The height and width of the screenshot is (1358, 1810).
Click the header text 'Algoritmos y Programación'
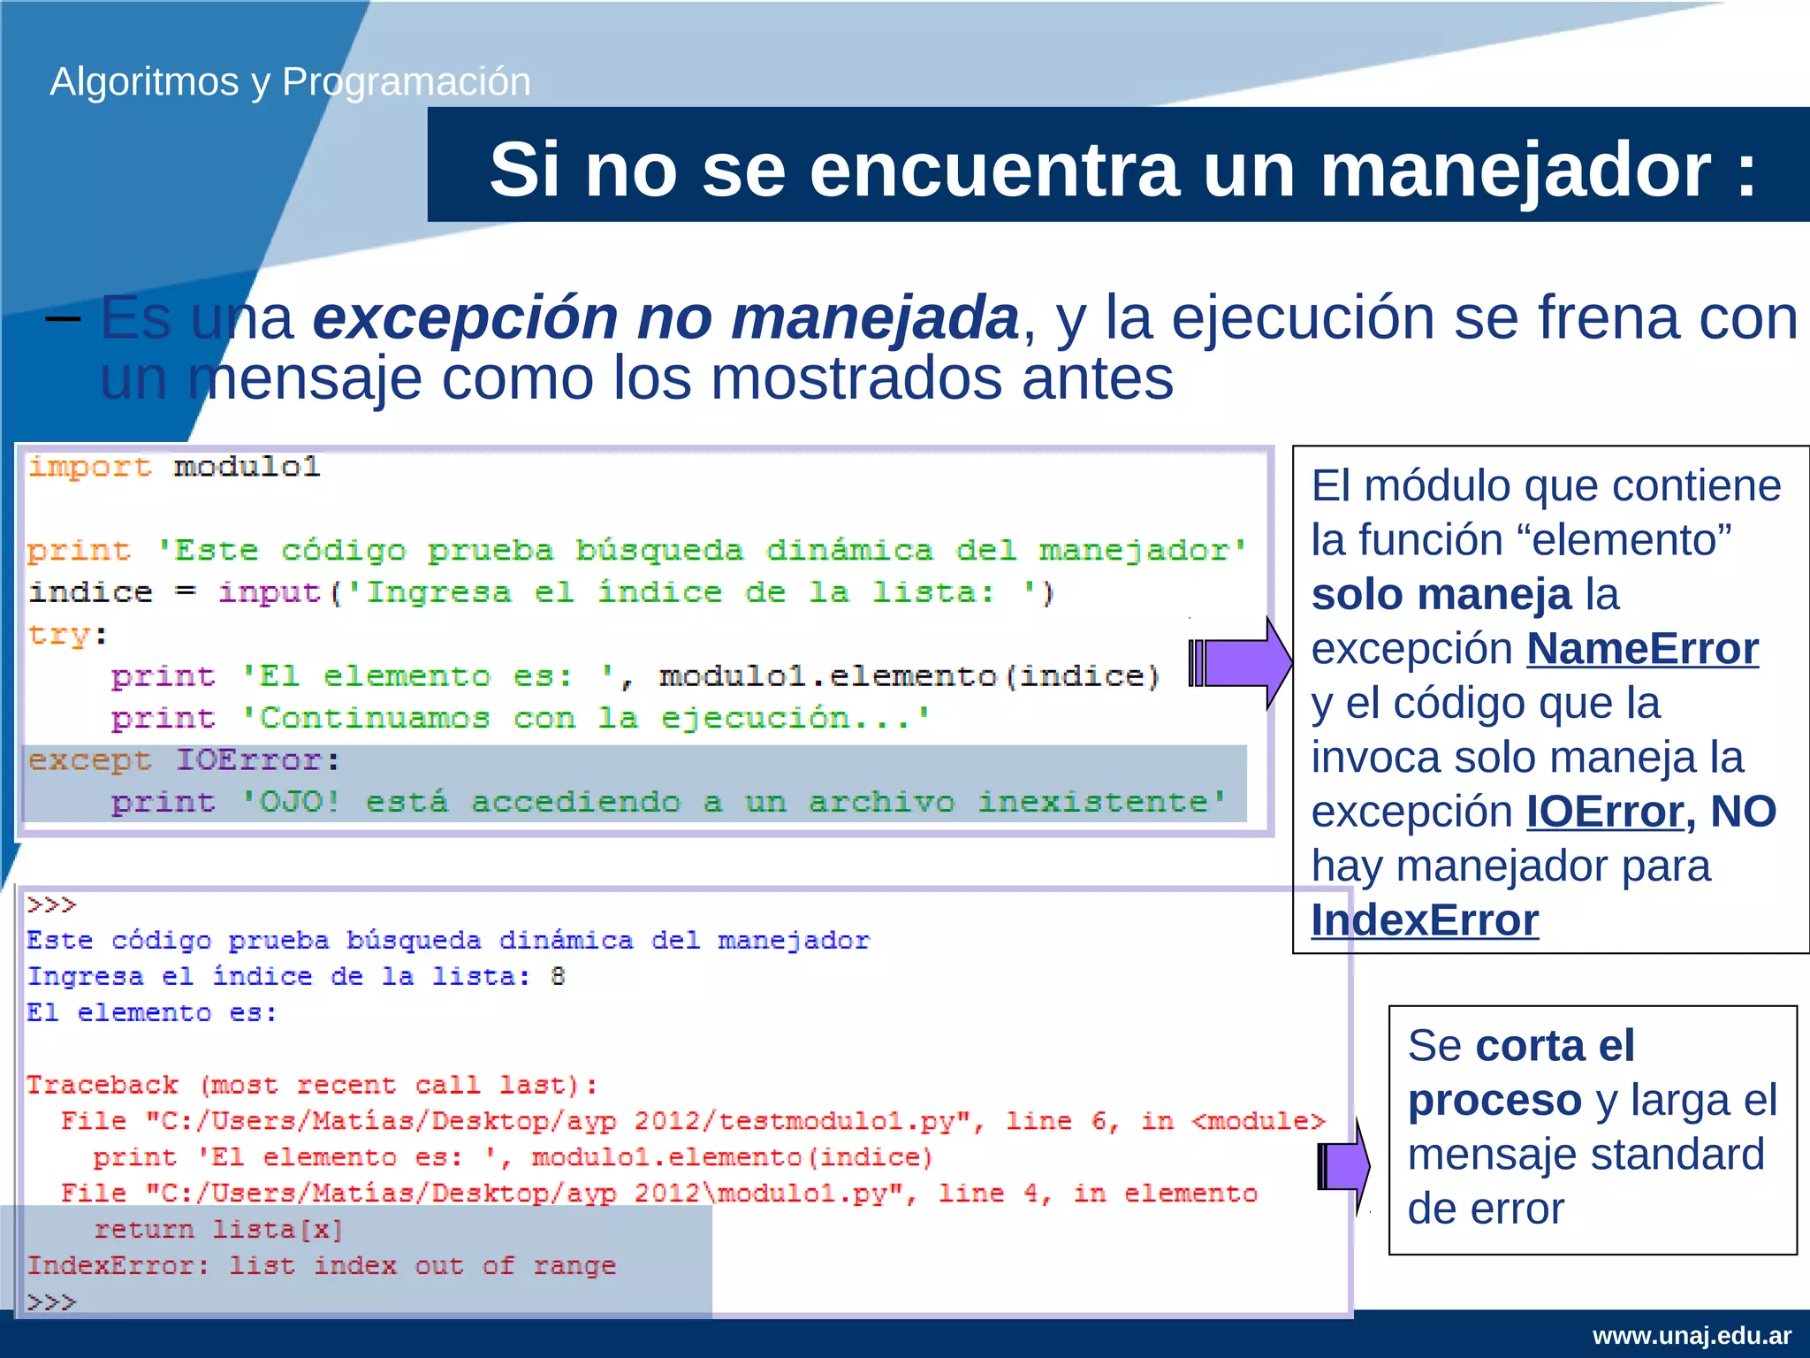coord(290,81)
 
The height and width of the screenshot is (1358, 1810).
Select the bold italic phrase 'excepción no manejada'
coord(665,318)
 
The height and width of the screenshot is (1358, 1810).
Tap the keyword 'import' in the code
coord(89,466)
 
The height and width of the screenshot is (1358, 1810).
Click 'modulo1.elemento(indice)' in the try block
coord(909,676)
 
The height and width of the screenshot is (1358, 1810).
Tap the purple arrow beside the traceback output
coord(1343,1165)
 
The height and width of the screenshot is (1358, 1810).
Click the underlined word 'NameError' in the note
coord(1642,649)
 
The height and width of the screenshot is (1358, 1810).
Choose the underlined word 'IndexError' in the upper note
coord(1425,920)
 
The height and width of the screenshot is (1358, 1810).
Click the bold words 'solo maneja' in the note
coord(1441,594)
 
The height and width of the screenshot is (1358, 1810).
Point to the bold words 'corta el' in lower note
coord(1555,1046)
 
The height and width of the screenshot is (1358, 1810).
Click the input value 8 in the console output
coord(558,976)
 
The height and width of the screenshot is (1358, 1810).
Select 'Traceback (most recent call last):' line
coord(312,1085)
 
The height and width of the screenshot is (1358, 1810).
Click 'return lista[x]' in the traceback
coord(217,1229)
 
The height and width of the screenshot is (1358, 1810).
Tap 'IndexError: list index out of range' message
coord(321,1265)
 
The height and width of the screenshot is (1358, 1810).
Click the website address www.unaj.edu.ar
coord(1692,1335)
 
